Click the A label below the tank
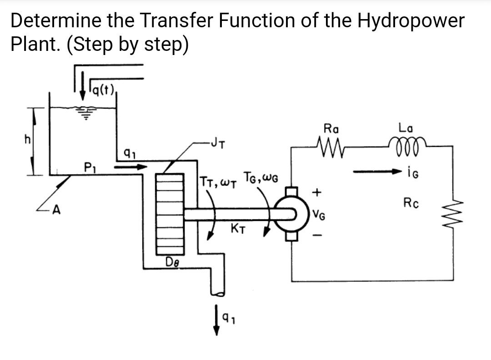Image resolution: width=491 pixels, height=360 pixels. click(56, 210)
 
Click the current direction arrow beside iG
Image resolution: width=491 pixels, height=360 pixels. click(376, 172)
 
